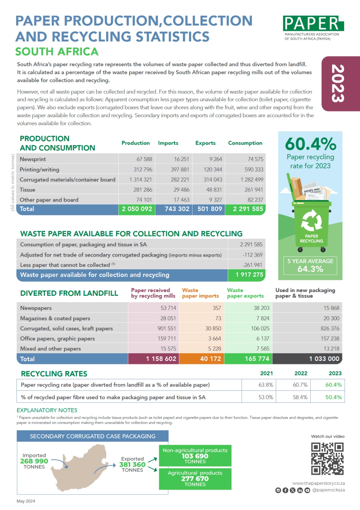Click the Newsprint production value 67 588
pos(144,159)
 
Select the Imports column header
pos(168,143)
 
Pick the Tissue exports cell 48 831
pos(214,190)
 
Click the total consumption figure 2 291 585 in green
pos(248,209)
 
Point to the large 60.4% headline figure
pos(311,144)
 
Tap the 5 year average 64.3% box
pos(310,265)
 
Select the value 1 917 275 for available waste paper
pos(249,275)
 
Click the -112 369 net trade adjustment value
pos(252,255)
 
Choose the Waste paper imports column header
pos(200,293)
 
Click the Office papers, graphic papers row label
pos(57,339)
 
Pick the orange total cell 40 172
pos(210,359)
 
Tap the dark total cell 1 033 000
pos(324,359)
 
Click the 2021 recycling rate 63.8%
pos(266,385)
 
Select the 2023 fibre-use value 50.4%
pos(333,397)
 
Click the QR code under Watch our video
pos(327,459)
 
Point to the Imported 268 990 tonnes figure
pos(34,461)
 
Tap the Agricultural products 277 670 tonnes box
pos(195,479)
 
